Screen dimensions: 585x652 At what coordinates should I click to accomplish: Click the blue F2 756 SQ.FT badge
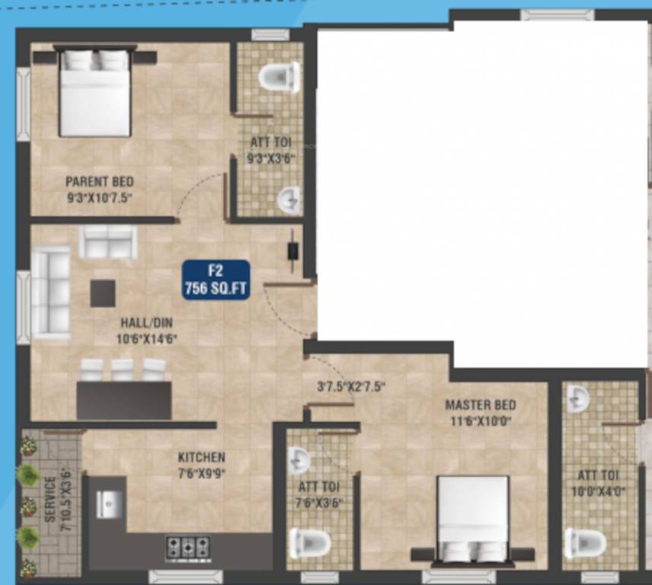click(x=216, y=280)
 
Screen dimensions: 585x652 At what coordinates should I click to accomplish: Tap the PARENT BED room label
click(x=99, y=181)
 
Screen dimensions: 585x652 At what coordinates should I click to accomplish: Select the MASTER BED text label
click(x=480, y=404)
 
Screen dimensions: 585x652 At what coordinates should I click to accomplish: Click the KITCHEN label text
click(x=201, y=457)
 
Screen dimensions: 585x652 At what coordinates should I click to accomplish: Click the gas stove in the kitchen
click(x=188, y=546)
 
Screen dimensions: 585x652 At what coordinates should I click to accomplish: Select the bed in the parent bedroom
click(x=94, y=93)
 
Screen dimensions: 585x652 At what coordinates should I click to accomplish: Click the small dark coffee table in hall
click(x=103, y=293)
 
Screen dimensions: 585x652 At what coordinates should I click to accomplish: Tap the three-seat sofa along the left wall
click(x=51, y=292)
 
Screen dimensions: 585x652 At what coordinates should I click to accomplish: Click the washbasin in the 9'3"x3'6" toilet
click(x=289, y=200)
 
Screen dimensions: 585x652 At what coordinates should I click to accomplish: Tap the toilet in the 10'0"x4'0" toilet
click(x=585, y=543)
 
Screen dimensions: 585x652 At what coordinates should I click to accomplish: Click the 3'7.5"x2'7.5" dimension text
click(x=351, y=386)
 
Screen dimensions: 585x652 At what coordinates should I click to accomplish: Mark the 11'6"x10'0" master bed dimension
click(x=480, y=420)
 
